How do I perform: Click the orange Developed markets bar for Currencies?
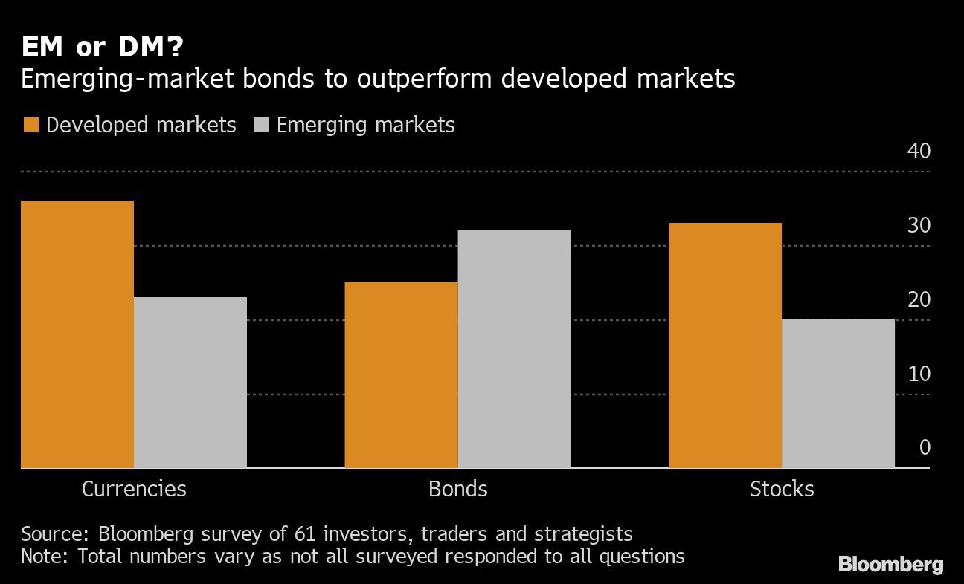coord(77,334)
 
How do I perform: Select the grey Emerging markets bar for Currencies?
coord(190,383)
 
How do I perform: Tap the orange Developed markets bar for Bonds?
coord(401,375)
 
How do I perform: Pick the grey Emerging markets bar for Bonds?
coord(514,349)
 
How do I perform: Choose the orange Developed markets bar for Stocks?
coord(725,345)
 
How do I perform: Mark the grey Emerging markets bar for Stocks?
coord(838,394)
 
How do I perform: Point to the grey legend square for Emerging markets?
coord(260,125)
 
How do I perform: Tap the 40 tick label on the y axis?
coord(919,151)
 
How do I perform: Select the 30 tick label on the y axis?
coord(919,225)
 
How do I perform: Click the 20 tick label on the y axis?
coord(919,299)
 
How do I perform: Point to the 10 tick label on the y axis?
coord(919,374)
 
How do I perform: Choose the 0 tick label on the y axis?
coord(925,447)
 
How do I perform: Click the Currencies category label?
coord(134,489)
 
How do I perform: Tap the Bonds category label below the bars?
coord(457,489)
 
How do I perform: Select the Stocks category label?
coord(782,489)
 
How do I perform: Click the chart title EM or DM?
coord(103,48)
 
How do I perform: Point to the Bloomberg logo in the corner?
coord(890,565)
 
